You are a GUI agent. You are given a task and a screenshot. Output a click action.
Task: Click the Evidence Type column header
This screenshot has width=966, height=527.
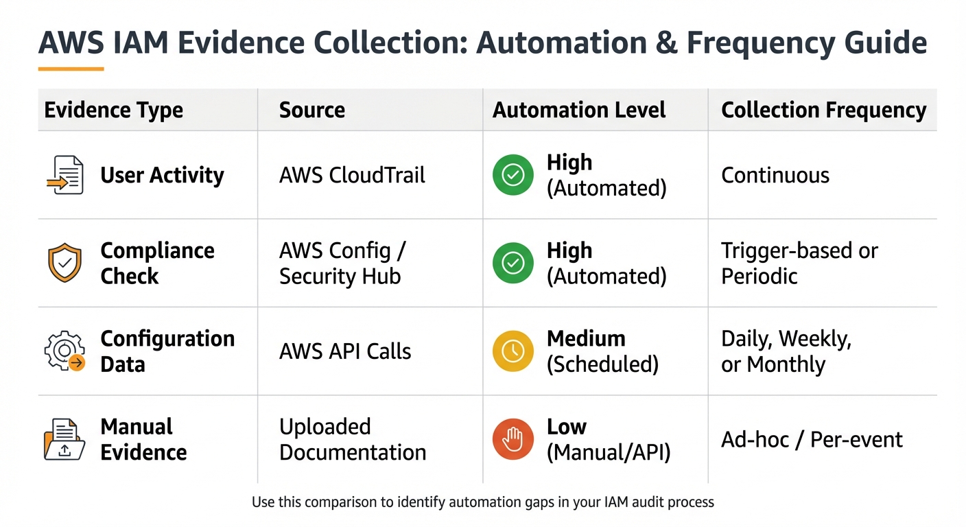pyautogui.click(x=113, y=110)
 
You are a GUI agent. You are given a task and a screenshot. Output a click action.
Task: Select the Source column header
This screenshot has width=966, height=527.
pyautogui.click(x=311, y=110)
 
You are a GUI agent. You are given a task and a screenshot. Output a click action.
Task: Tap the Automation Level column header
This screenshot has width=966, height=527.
pyautogui.click(x=579, y=110)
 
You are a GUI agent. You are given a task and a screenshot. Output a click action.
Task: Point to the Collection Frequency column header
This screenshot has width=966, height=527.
pyautogui.click(x=823, y=110)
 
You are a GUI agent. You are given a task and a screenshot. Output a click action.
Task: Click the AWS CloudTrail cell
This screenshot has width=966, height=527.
pyautogui.click(x=352, y=175)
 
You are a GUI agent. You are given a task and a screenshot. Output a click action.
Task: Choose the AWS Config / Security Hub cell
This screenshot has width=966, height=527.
pyautogui.click(x=342, y=263)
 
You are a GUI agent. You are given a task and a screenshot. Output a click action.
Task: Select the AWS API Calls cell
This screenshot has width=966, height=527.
pyautogui.click(x=345, y=351)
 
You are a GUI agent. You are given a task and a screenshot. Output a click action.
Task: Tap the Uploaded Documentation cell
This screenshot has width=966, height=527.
pyautogui.click(x=352, y=439)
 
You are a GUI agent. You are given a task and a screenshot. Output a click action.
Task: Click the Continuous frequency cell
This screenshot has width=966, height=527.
pyautogui.click(x=775, y=175)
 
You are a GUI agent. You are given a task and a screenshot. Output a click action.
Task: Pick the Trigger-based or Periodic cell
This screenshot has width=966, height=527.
pyautogui.click(x=799, y=263)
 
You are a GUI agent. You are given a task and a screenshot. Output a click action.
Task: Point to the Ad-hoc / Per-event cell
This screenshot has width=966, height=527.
pyautogui.click(x=812, y=439)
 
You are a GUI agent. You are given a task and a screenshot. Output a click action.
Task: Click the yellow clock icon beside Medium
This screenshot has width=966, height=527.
pyautogui.click(x=513, y=351)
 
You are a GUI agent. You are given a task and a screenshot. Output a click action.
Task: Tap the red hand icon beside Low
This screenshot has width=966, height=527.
pyautogui.click(x=513, y=439)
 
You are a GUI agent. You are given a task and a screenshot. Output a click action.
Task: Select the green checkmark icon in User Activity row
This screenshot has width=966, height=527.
pyautogui.click(x=513, y=175)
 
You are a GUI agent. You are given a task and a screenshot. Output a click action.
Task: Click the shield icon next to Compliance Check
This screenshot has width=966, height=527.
pyautogui.click(x=64, y=263)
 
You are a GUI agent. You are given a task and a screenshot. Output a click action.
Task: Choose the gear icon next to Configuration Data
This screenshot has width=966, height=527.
pyautogui.click(x=64, y=351)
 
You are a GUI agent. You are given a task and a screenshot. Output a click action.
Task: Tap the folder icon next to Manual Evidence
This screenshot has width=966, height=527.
pyautogui.click(x=64, y=440)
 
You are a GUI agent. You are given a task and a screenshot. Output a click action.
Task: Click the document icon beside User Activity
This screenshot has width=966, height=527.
pyautogui.click(x=64, y=175)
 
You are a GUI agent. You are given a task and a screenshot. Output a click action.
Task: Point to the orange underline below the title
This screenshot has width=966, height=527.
pyautogui.click(x=71, y=69)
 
